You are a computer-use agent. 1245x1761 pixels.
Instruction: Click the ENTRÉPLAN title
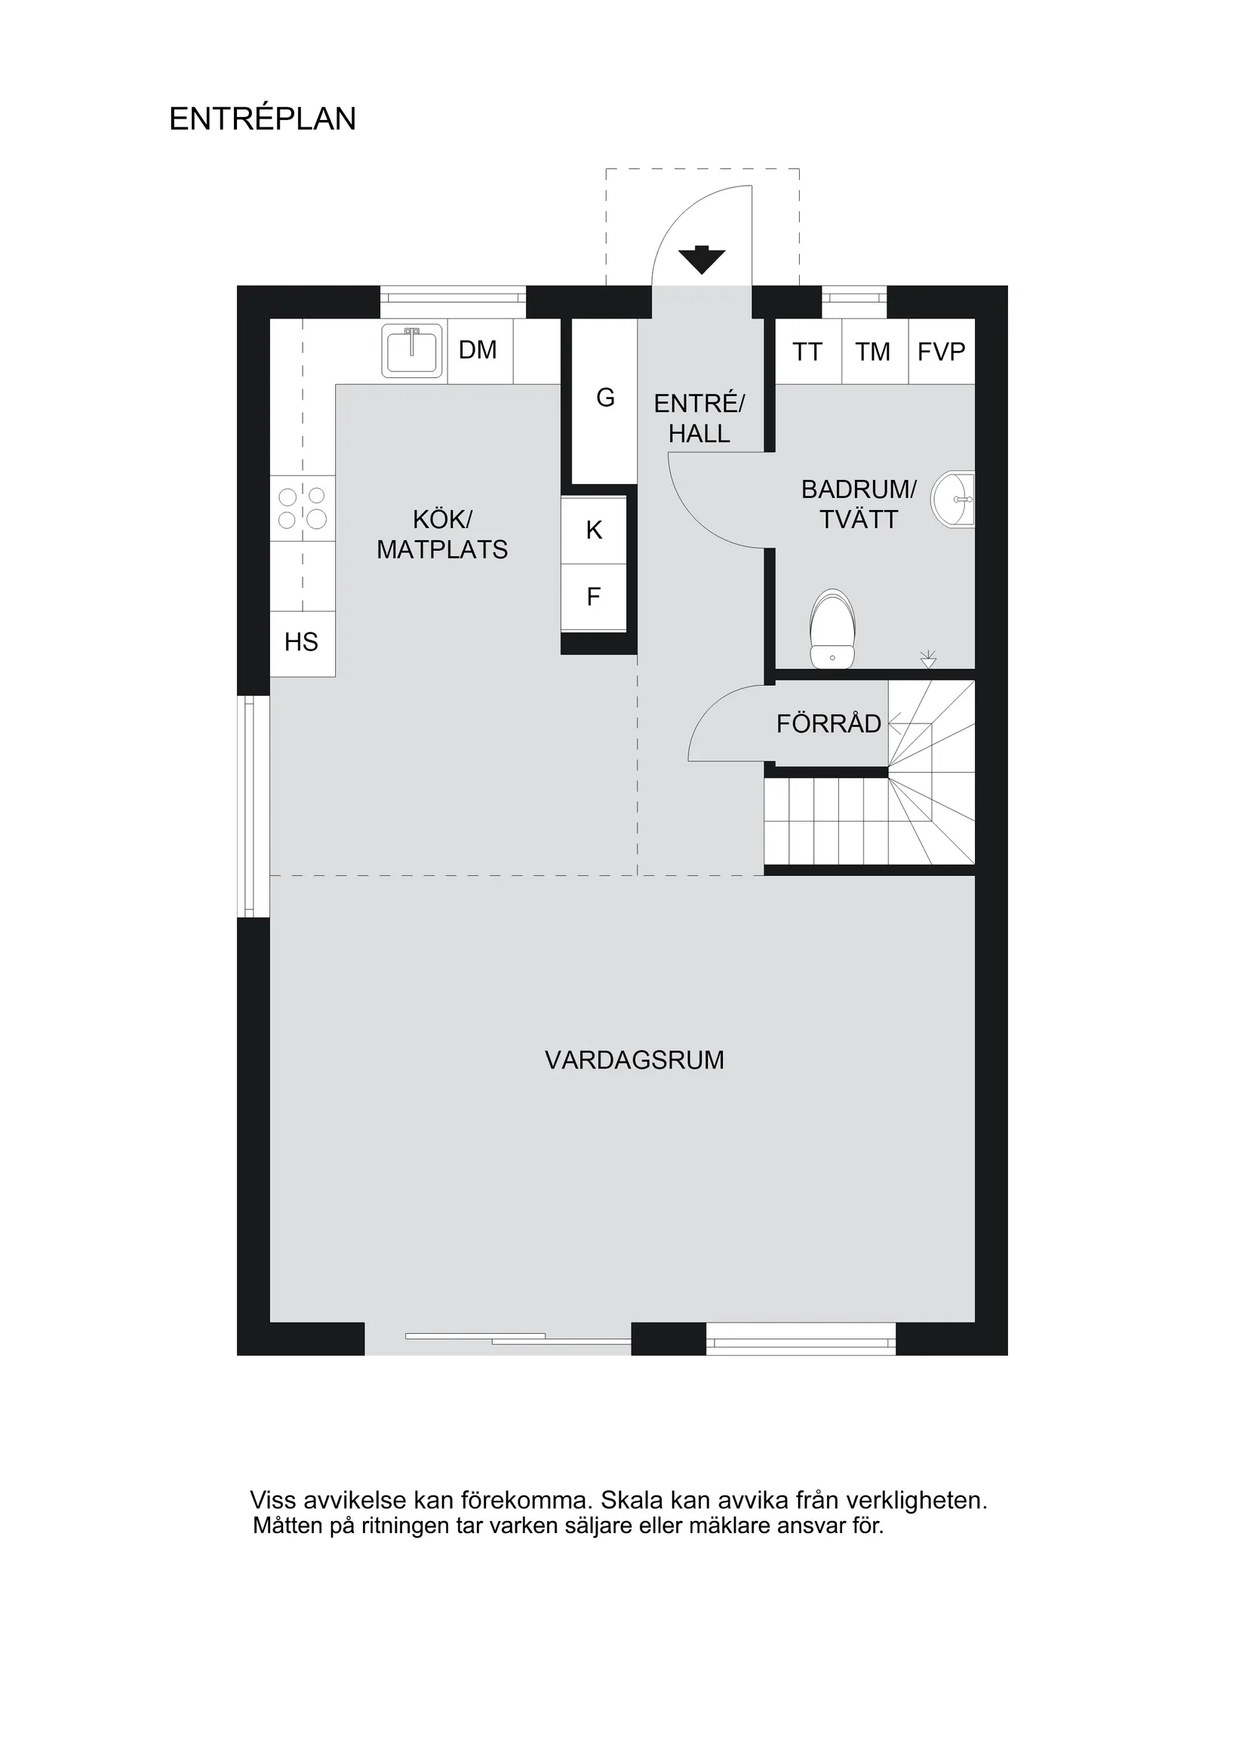[263, 119]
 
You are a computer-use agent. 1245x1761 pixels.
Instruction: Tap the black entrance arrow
[702, 260]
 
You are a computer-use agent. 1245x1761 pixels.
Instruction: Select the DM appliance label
[478, 351]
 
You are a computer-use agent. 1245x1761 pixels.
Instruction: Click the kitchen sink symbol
[413, 351]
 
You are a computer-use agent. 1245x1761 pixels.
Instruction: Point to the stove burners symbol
[303, 509]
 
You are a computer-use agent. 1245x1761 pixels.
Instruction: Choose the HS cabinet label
[302, 642]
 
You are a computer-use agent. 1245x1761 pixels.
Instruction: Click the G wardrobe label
[605, 398]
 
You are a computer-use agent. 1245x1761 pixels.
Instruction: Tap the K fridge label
[594, 530]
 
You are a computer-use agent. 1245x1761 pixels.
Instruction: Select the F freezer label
[593, 597]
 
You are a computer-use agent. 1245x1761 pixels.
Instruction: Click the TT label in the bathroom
[807, 352]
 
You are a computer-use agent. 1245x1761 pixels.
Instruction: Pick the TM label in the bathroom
[873, 352]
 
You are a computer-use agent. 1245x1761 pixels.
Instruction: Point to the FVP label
[941, 352]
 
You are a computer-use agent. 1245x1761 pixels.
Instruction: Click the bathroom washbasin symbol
[954, 499]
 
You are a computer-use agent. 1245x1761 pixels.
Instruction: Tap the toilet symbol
[832, 629]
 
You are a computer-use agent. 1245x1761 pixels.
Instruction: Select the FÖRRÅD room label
[828, 724]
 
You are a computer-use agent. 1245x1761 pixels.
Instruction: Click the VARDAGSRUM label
[635, 1060]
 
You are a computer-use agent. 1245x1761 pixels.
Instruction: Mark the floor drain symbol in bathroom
[928, 659]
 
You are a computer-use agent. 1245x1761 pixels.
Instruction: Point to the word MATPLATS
[442, 550]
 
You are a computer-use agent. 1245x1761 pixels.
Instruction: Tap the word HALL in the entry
[699, 434]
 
